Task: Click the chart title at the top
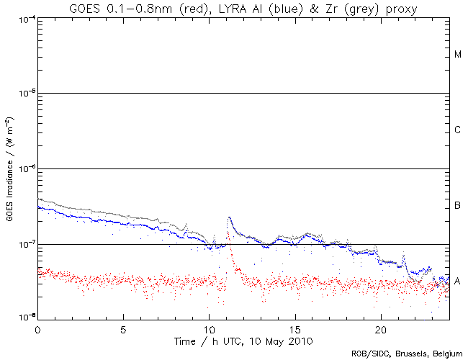[x=243, y=8]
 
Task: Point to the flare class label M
[x=458, y=55]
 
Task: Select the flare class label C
[x=458, y=130]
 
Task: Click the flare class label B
[x=458, y=207]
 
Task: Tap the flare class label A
[x=458, y=280]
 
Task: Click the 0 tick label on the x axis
[x=37, y=328]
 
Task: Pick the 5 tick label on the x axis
[x=124, y=328]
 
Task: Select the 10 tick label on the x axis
[x=210, y=328]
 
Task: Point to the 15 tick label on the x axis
[x=295, y=328]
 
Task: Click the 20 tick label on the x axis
[x=381, y=328]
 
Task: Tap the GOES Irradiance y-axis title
[x=9, y=168]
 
